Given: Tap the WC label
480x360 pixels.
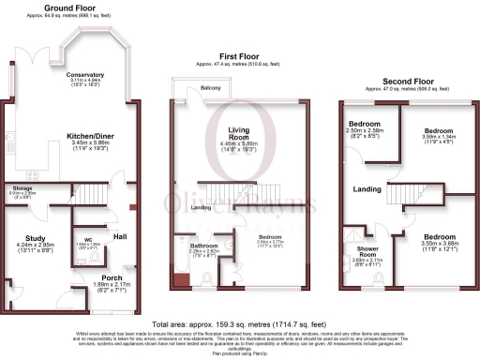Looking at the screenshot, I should point(87,239).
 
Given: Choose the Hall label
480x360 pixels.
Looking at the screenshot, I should point(120,236).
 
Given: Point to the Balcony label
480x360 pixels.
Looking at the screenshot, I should point(213,89).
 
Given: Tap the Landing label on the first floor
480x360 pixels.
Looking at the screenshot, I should point(201,207).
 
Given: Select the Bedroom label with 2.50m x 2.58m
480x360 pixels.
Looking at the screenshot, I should point(364,124).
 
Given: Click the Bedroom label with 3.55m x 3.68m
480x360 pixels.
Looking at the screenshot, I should point(439,236).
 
